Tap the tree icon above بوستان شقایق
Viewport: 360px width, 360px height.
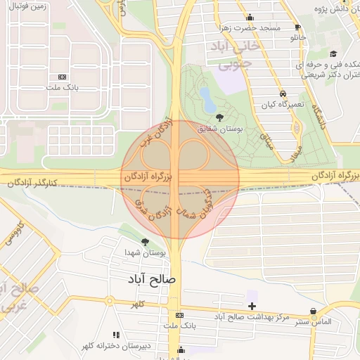pyautogui.click(x=219, y=117)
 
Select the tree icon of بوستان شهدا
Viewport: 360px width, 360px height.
pyautogui.click(x=146, y=242)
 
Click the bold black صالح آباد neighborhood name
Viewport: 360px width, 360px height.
pyautogui.click(x=154, y=279)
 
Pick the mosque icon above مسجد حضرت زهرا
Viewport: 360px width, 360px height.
pyautogui.click(x=249, y=18)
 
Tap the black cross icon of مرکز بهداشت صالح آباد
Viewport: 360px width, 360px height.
pyautogui.click(x=252, y=306)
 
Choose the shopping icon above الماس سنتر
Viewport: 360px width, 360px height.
pyautogui.click(x=313, y=311)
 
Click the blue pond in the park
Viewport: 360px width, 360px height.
pyautogui.click(x=207, y=99)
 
